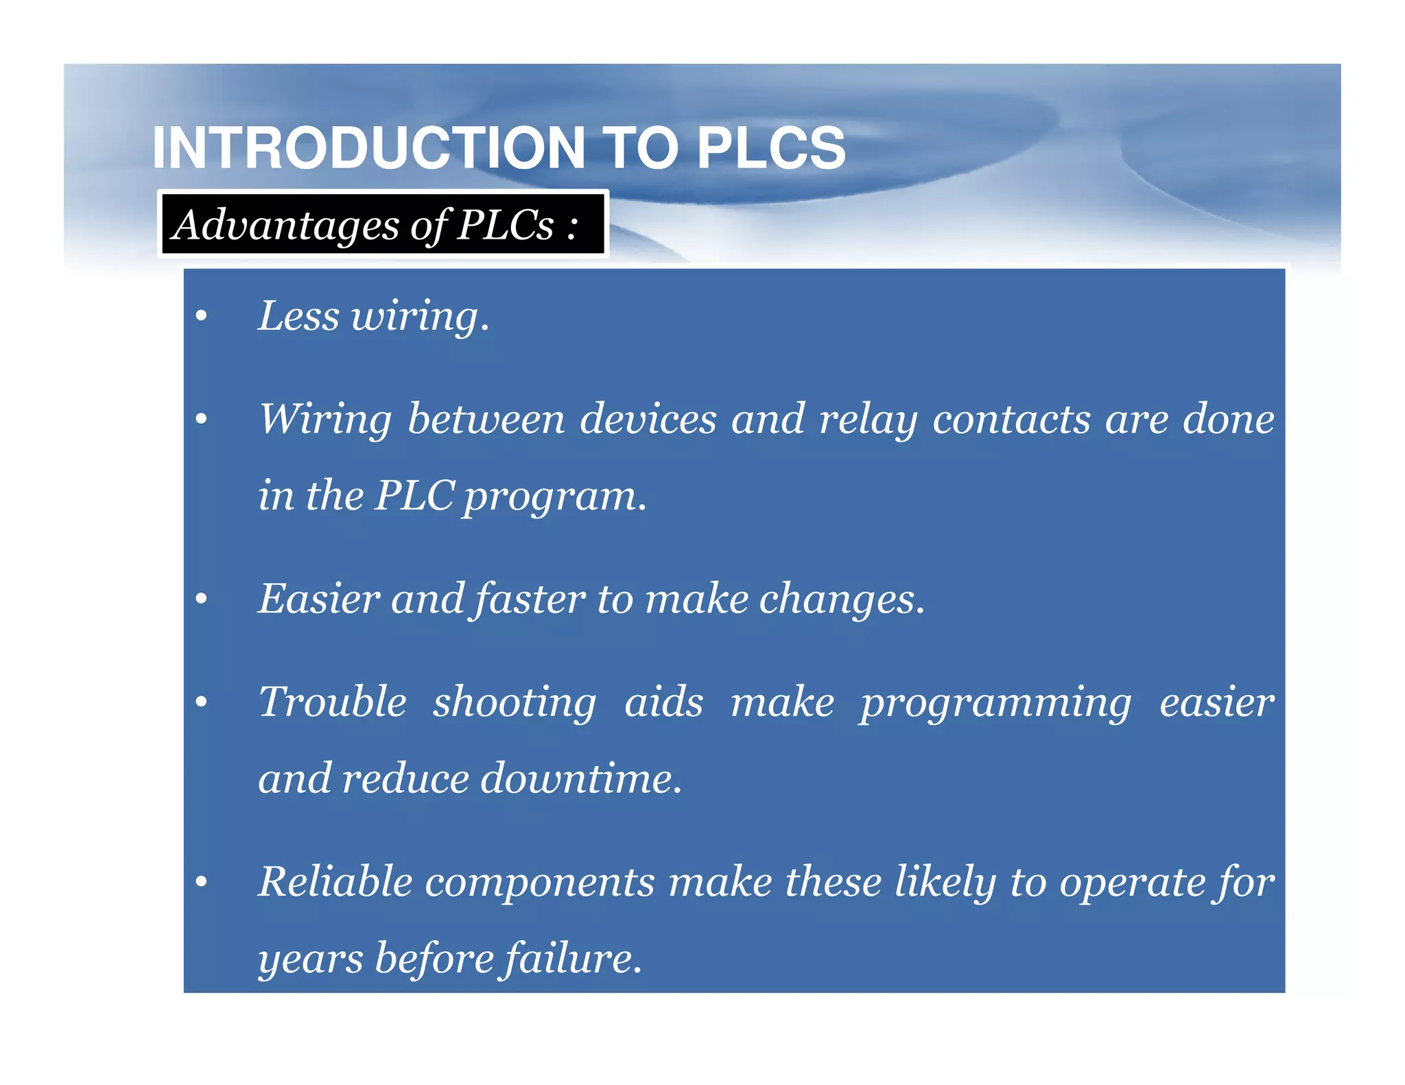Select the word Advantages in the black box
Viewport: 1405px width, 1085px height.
(285, 225)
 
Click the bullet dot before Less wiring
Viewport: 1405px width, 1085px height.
(201, 316)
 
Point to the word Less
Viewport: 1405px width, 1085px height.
(298, 316)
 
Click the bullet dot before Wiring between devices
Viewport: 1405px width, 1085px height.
(201, 418)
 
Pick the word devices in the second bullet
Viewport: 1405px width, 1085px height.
(648, 418)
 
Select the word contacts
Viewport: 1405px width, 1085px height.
(1011, 418)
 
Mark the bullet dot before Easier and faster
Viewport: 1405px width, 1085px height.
(201, 599)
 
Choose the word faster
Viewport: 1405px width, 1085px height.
(529, 599)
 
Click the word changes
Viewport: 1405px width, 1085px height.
(841, 600)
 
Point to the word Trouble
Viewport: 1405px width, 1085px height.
(333, 702)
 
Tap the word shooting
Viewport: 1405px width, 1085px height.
(515, 703)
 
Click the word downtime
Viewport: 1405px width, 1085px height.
(580, 778)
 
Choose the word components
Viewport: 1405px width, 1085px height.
(540, 883)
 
